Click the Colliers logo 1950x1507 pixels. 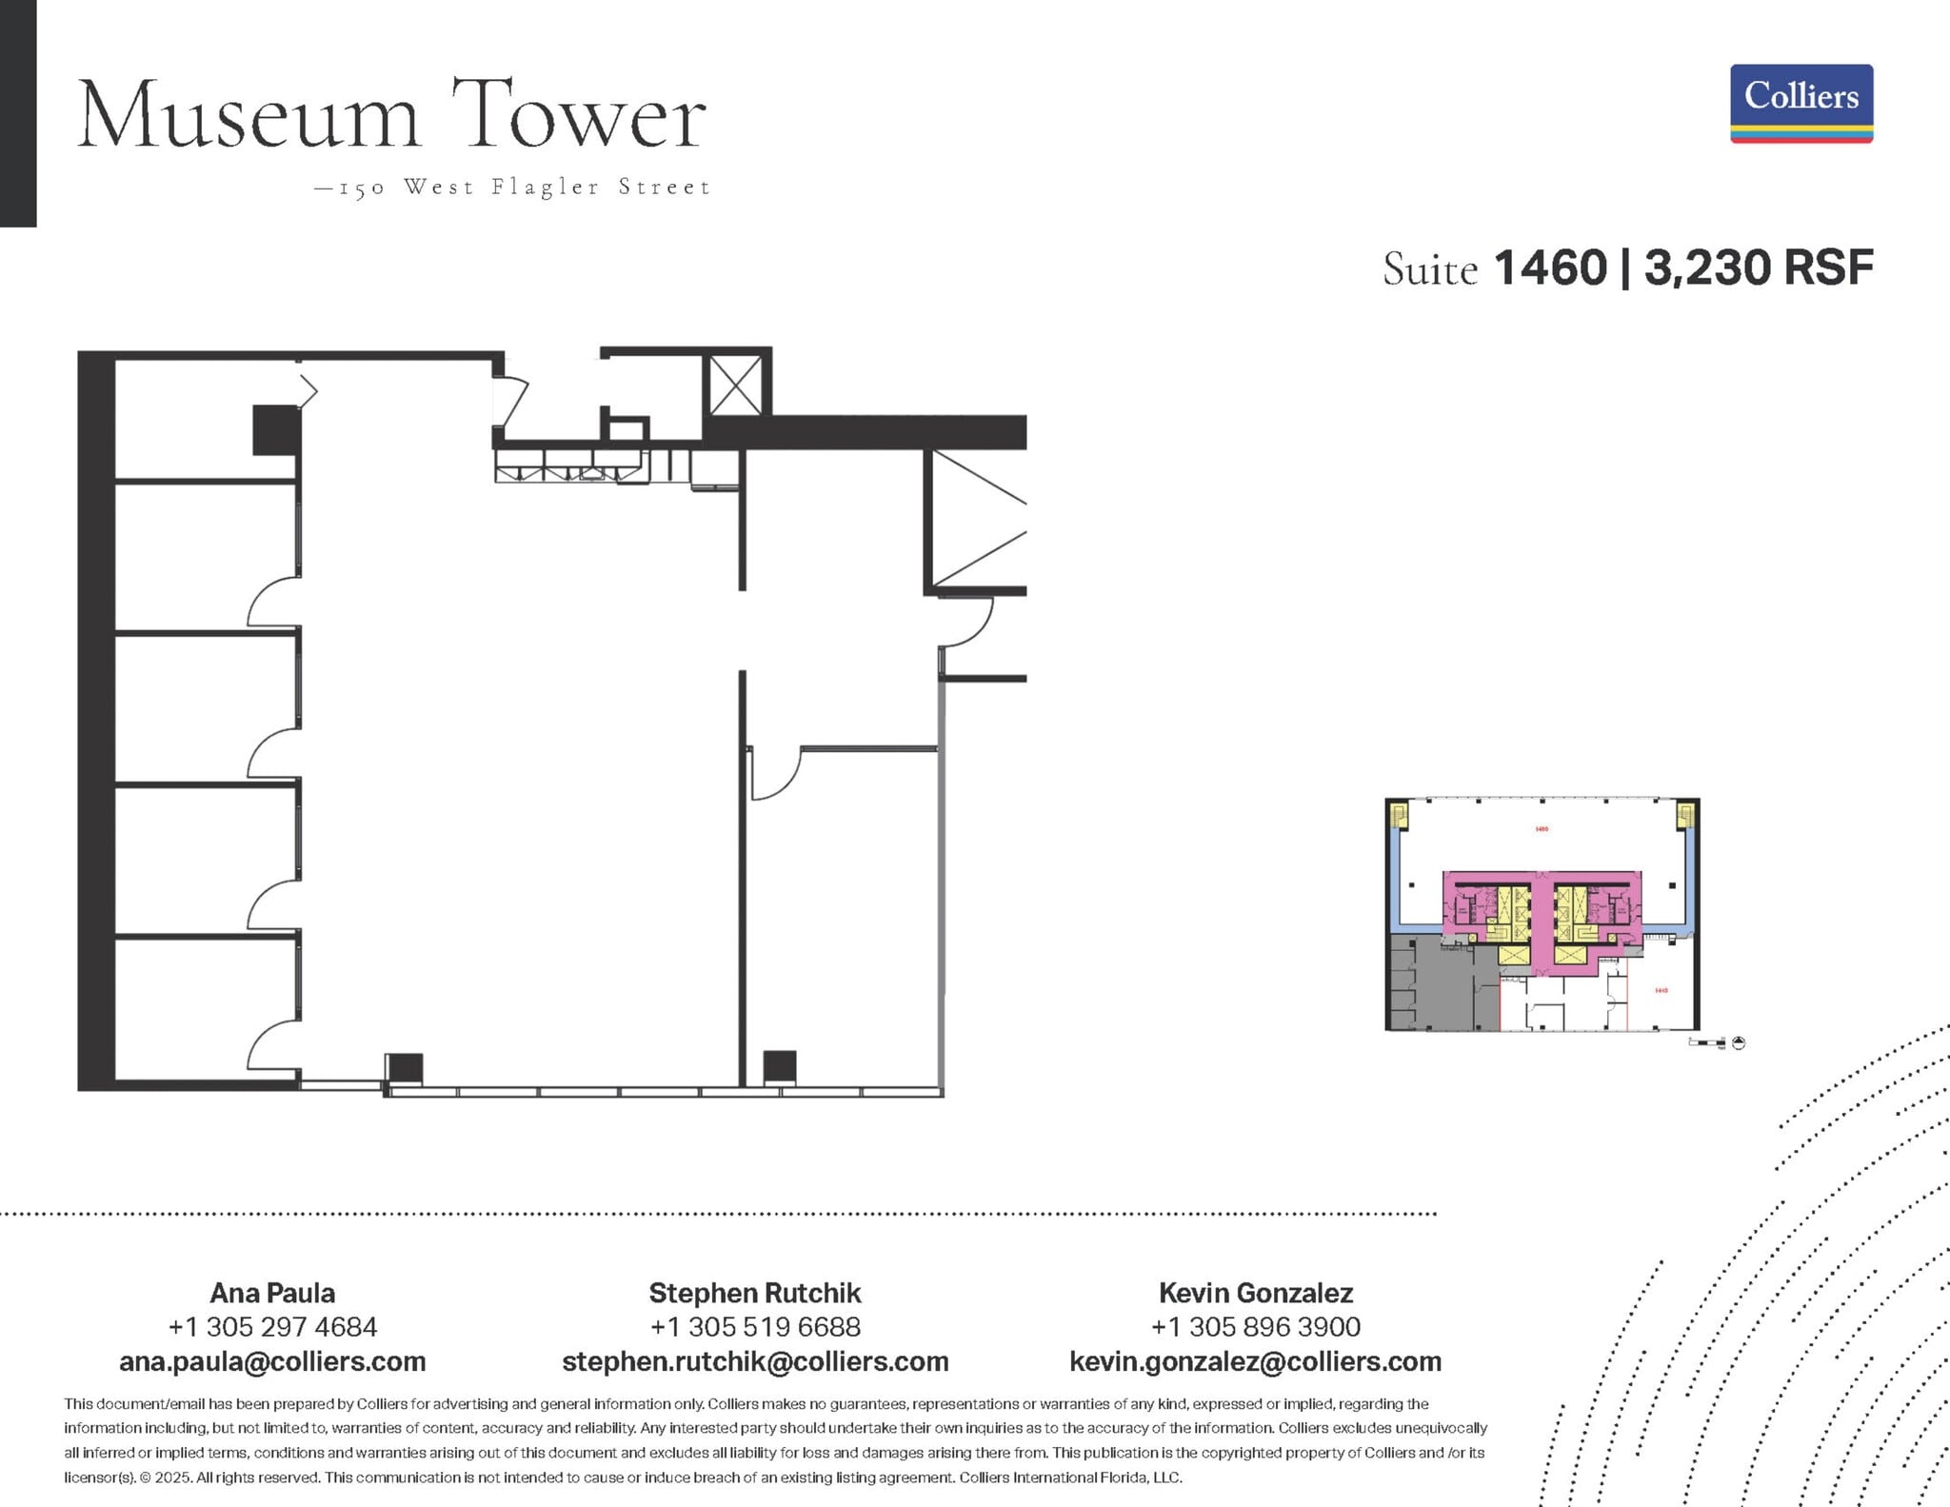(1801, 103)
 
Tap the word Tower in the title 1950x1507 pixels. (578, 116)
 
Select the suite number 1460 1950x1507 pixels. (1550, 268)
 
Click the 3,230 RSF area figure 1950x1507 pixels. (1759, 268)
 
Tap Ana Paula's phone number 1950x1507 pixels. (272, 1326)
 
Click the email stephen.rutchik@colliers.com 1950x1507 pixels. (755, 1361)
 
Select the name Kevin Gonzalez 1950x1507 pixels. (1255, 1293)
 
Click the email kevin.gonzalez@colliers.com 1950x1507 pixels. (1255, 1361)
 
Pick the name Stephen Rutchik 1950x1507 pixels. (755, 1293)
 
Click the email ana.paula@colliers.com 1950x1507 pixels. (272, 1361)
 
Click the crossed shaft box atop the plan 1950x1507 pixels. (736, 385)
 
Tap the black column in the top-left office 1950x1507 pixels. (276, 429)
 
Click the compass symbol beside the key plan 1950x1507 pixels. (1739, 1043)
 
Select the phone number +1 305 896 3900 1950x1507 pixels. (1255, 1326)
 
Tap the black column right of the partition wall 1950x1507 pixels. (780, 1066)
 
